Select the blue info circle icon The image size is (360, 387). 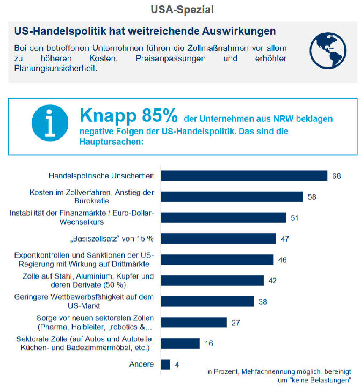coord(50,123)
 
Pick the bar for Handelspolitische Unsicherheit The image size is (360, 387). coord(244,176)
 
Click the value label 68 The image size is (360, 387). coord(336,176)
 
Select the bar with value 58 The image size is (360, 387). coord(232,197)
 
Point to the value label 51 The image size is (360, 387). coord(295,217)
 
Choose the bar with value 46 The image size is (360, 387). coord(217,259)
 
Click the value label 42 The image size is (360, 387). coord(272,280)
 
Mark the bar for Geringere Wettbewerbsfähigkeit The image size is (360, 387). coord(207,301)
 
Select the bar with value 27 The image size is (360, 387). coord(194,322)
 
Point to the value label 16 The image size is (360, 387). coord(209,343)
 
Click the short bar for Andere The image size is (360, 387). coord(165,364)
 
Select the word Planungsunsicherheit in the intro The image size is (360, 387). coord(55,68)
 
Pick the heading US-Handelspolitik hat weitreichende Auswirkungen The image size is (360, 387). coord(145,31)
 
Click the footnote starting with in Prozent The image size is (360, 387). coord(278,376)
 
